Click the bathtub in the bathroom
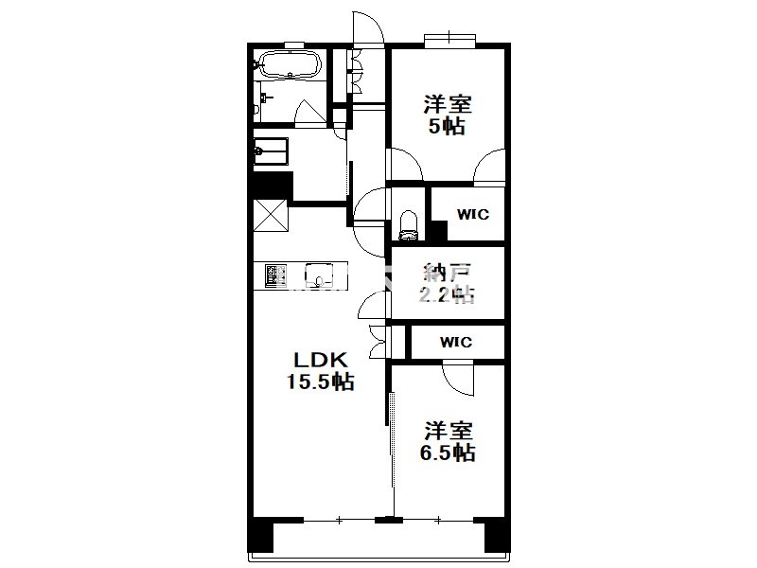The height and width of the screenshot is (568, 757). click(x=290, y=64)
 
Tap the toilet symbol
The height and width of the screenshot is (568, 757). click(x=409, y=224)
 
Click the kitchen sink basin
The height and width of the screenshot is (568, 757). click(x=319, y=275)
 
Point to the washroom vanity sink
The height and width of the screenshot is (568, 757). click(x=271, y=151)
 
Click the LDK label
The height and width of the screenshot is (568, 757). click(x=321, y=361)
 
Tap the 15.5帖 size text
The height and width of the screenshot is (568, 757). click(x=321, y=382)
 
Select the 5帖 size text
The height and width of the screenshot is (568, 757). click(x=447, y=127)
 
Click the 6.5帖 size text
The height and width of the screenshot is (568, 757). click(x=447, y=453)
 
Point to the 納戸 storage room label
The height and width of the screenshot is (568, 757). click(x=447, y=273)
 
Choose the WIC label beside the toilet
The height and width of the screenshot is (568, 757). click(x=472, y=214)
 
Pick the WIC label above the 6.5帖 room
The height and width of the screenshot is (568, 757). click(x=456, y=343)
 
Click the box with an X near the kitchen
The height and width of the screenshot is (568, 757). click(x=271, y=216)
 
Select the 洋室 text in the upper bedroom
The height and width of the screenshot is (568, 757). click(x=448, y=104)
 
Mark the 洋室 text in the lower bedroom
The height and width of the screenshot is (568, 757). click(x=448, y=431)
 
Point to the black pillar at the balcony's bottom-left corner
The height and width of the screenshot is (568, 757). click(x=260, y=534)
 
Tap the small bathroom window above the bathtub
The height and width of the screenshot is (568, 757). click(x=293, y=45)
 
